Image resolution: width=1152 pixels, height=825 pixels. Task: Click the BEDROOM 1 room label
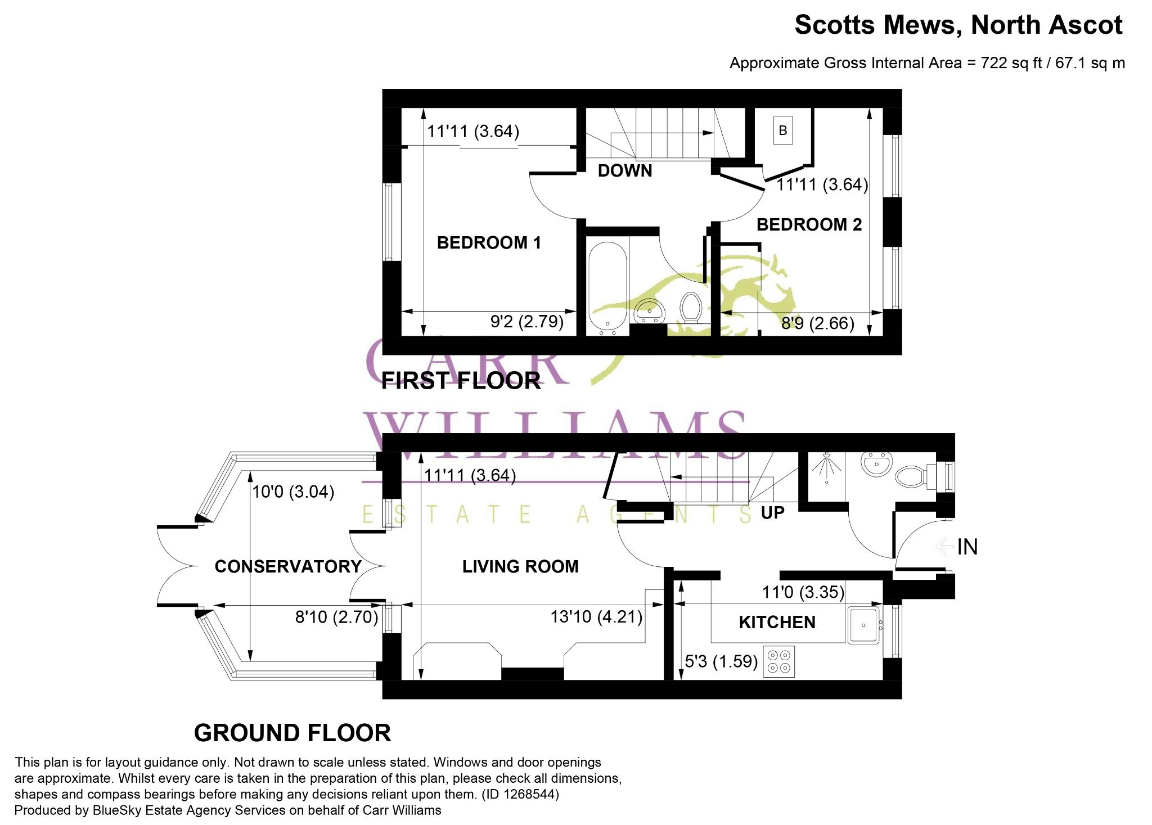pos(489,243)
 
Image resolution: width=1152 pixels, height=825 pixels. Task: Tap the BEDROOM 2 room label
pos(809,225)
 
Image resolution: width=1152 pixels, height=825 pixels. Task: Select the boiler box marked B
pos(783,130)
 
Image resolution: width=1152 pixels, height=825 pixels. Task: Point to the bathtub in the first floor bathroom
pos(607,288)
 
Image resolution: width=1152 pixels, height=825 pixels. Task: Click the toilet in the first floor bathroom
pos(691,308)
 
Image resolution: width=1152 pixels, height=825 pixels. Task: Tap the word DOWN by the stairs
pos(625,171)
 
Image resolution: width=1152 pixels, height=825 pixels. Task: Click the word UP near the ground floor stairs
pos(772,513)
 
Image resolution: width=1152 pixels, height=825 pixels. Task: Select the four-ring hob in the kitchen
pos(779,662)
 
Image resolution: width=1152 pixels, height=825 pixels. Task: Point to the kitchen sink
pos(863,625)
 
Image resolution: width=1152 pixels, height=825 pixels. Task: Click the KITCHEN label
pos(777,623)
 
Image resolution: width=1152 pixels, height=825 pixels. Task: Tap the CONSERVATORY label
pos(288,566)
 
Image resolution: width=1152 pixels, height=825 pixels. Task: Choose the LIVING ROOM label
pos(520,566)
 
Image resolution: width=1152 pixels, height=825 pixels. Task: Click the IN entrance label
pos(967,547)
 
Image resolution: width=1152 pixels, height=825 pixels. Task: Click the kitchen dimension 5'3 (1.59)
pos(721,661)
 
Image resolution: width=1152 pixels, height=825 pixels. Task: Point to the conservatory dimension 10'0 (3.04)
pos(293,492)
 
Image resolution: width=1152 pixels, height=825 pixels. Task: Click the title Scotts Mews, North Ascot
pos(958,25)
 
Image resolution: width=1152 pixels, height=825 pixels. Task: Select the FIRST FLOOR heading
pos(461,381)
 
